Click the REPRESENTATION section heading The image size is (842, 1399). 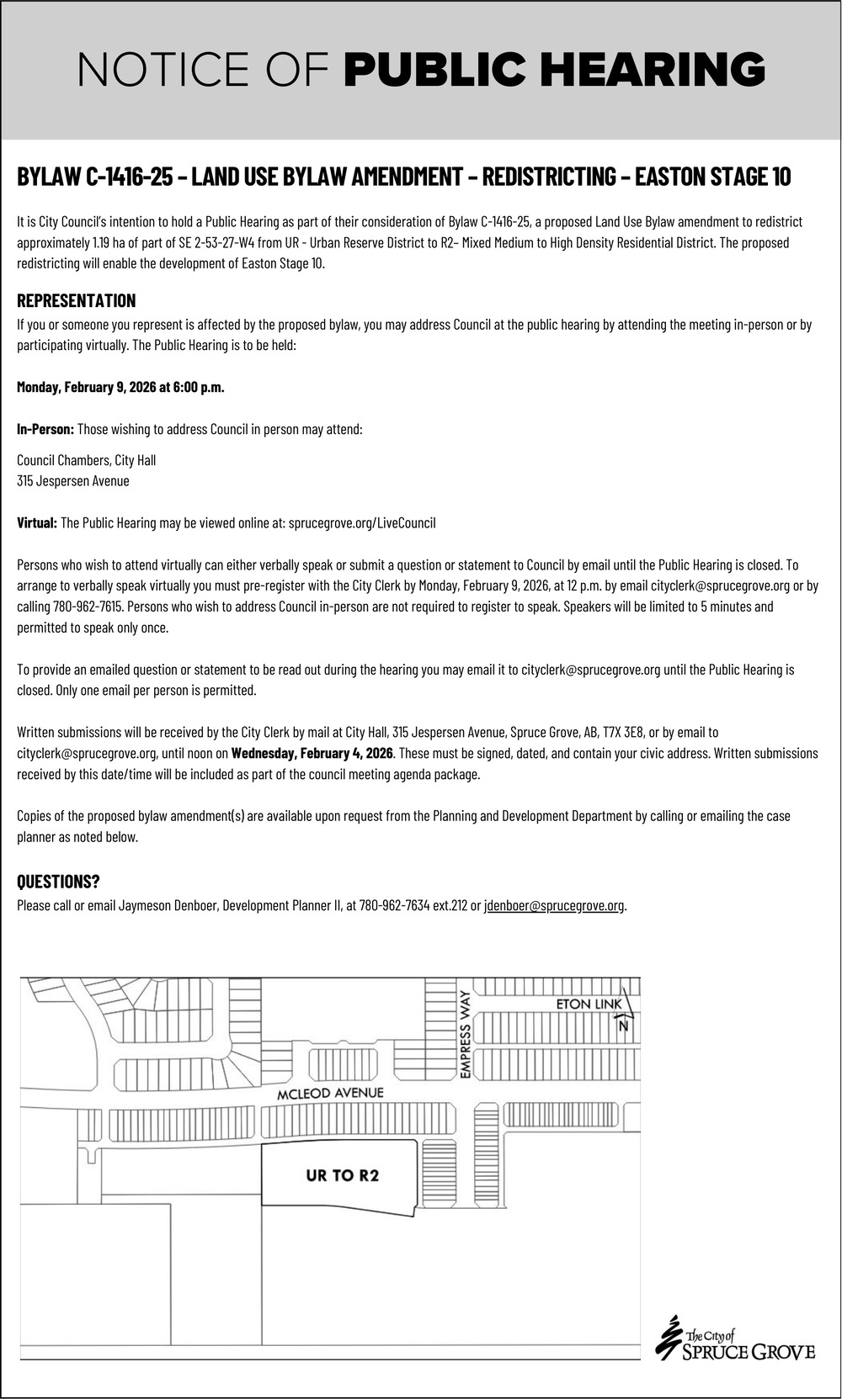click(x=76, y=301)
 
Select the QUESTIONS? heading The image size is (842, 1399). click(x=58, y=882)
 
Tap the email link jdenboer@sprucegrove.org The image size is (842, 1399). click(x=554, y=906)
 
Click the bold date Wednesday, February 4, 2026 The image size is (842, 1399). click(x=312, y=753)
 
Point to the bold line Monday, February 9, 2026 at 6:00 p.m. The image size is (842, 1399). click(x=120, y=387)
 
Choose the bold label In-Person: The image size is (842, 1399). click(x=45, y=429)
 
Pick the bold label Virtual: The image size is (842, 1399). click(x=37, y=523)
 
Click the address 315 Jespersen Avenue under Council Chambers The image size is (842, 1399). click(x=73, y=481)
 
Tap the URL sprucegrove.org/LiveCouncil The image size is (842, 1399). click(x=362, y=523)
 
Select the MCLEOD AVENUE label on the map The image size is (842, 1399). click(x=330, y=1093)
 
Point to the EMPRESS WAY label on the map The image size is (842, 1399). click(x=464, y=1034)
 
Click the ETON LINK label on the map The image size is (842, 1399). click(x=589, y=1004)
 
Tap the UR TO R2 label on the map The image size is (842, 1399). click(x=342, y=1175)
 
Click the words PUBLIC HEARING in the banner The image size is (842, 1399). click(x=555, y=70)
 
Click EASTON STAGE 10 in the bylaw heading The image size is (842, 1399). click(x=712, y=177)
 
